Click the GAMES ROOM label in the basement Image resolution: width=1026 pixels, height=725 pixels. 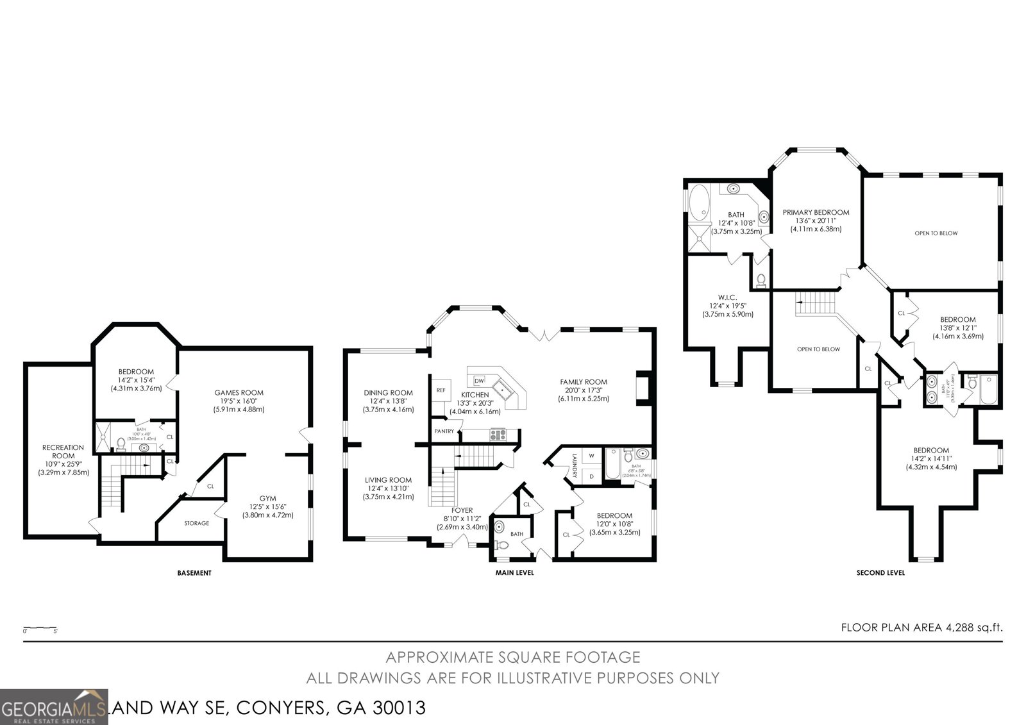[239, 393]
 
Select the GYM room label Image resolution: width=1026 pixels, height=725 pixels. [268, 498]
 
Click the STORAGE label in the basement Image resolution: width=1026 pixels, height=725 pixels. [197, 523]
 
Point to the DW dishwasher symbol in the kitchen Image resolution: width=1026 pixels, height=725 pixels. [479, 381]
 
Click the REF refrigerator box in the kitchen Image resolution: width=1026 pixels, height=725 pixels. [441, 390]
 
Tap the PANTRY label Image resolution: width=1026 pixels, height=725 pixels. [444, 431]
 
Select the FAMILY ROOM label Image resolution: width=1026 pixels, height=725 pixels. [583, 382]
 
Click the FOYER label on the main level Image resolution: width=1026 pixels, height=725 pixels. [462, 510]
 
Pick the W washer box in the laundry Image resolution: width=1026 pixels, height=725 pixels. [591, 456]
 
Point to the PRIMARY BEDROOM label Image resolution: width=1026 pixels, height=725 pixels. [816, 212]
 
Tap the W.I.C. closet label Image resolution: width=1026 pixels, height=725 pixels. [727, 297]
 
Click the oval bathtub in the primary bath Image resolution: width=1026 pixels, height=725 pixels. [700, 203]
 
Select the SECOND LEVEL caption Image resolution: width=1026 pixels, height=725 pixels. [880, 573]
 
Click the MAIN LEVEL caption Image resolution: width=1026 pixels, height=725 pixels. [514, 573]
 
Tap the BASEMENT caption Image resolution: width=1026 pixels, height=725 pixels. [194, 573]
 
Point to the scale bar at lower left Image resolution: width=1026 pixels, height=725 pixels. [40, 629]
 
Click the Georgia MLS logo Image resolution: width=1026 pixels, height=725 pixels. [54, 707]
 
